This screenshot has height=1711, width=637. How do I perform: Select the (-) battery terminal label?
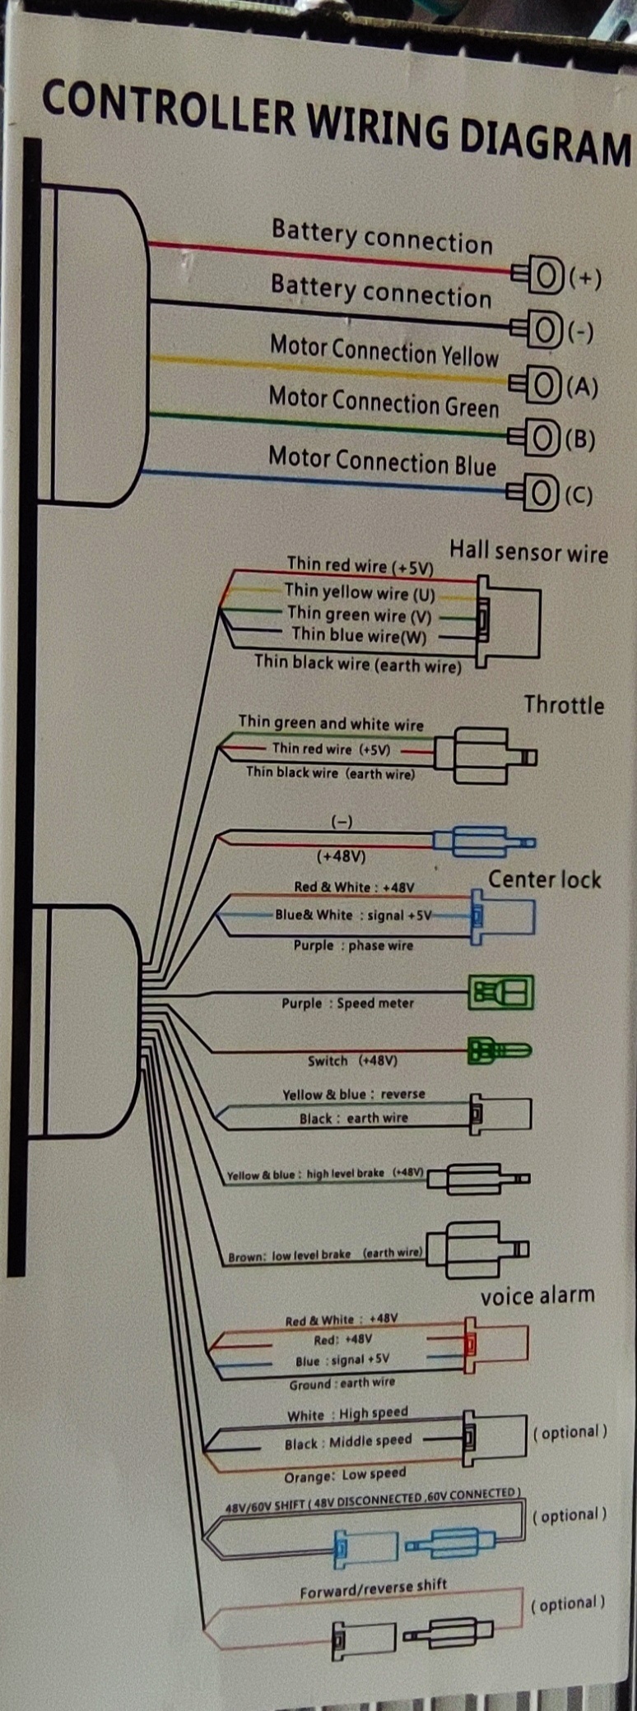click(581, 332)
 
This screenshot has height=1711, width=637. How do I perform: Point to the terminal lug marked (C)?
click(535, 493)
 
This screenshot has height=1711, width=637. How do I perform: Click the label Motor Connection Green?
click(384, 402)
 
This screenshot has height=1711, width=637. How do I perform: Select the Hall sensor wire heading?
click(528, 551)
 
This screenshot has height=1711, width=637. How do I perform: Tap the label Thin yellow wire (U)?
click(360, 592)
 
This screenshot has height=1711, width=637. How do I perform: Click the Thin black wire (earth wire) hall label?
click(358, 664)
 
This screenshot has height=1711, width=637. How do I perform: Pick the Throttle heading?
click(564, 705)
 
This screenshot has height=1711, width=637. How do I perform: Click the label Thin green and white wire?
click(331, 723)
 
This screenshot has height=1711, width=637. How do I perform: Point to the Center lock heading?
click(544, 879)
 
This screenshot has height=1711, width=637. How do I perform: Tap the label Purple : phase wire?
click(353, 945)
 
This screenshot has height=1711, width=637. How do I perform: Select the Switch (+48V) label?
click(352, 1060)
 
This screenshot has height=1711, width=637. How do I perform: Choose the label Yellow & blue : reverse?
click(354, 1094)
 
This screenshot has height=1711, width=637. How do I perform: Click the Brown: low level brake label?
click(325, 1254)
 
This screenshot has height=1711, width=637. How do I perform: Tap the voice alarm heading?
click(537, 1296)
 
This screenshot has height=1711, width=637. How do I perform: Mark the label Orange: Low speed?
click(345, 1475)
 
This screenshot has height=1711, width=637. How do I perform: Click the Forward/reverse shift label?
click(374, 1589)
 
